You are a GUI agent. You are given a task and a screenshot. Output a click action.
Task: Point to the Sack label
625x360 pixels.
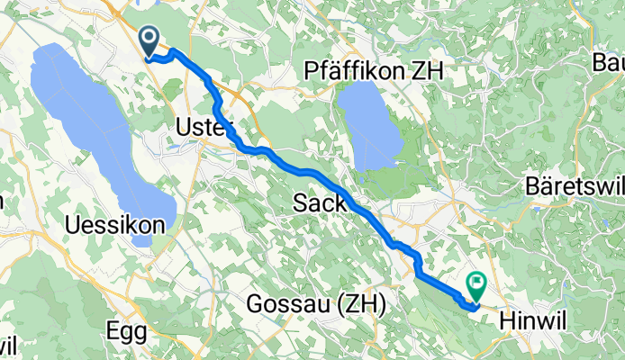320,204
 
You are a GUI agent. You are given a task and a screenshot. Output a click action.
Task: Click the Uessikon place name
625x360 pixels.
116,224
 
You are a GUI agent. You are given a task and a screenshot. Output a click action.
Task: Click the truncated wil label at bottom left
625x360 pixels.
8,346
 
